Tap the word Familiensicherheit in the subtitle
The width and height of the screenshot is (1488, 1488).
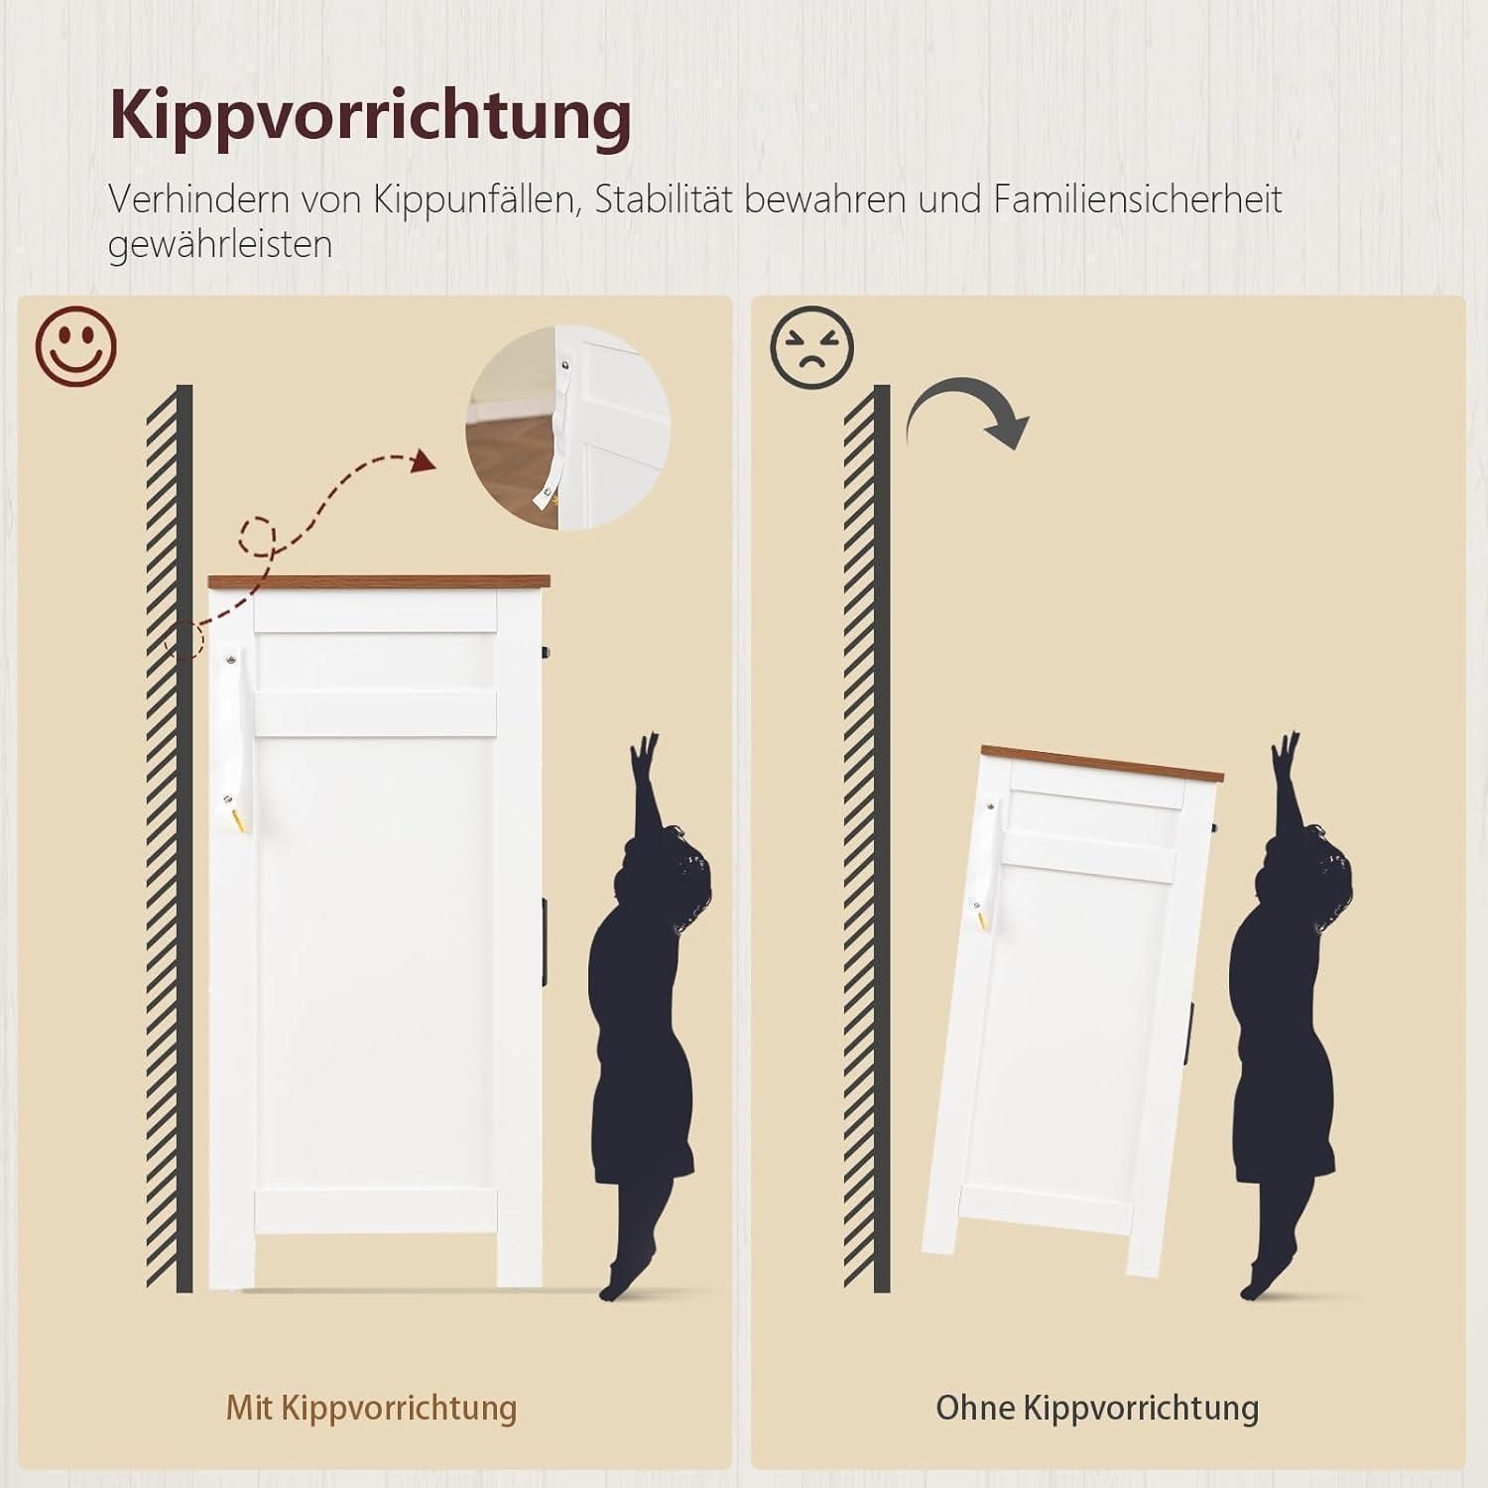(1138, 199)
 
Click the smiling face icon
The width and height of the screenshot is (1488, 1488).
(76, 346)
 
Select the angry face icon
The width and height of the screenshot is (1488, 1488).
(811, 346)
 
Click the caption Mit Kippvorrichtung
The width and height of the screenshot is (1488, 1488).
(372, 1407)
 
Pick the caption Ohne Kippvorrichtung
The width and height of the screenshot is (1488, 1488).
(1097, 1407)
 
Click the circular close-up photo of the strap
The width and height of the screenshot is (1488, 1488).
(568, 429)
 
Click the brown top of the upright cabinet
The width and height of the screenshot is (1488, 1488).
(379, 582)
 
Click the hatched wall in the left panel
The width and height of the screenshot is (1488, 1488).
(170, 838)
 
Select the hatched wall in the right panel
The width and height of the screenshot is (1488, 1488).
(867, 838)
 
